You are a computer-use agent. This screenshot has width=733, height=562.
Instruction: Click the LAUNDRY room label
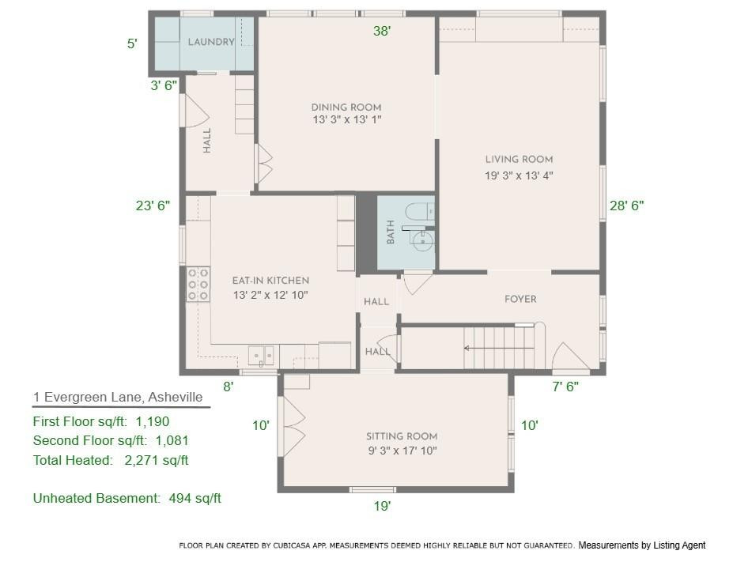click(x=211, y=42)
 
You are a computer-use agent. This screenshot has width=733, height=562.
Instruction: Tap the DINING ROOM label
click(x=346, y=107)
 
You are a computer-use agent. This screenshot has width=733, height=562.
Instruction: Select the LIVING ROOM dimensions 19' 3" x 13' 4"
click(x=519, y=176)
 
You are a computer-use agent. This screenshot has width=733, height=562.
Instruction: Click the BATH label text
click(x=391, y=232)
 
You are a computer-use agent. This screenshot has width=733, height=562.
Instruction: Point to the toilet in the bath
click(x=417, y=212)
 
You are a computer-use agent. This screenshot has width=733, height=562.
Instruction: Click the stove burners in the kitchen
click(x=198, y=284)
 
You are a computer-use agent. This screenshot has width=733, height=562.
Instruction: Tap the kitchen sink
click(x=260, y=354)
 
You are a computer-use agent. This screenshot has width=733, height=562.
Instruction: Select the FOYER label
click(x=520, y=299)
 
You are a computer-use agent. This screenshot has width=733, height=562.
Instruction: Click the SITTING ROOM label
click(x=402, y=436)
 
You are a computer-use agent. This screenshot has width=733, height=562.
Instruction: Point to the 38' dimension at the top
click(x=383, y=31)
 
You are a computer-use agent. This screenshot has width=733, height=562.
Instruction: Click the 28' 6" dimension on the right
click(x=626, y=206)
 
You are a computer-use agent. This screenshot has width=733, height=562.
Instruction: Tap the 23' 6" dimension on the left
click(x=153, y=206)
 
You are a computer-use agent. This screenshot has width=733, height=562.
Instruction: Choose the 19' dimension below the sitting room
click(x=382, y=506)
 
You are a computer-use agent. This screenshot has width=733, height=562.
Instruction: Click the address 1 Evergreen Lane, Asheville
click(x=118, y=398)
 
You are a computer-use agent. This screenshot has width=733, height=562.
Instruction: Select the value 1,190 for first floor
click(x=153, y=422)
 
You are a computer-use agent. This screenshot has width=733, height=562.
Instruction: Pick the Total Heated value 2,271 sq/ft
click(x=157, y=460)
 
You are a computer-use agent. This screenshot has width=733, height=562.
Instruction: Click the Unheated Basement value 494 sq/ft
click(x=195, y=498)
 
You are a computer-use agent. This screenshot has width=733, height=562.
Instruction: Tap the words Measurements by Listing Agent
click(x=641, y=545)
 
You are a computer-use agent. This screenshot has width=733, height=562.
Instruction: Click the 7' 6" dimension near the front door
click(x=565, y=387)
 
